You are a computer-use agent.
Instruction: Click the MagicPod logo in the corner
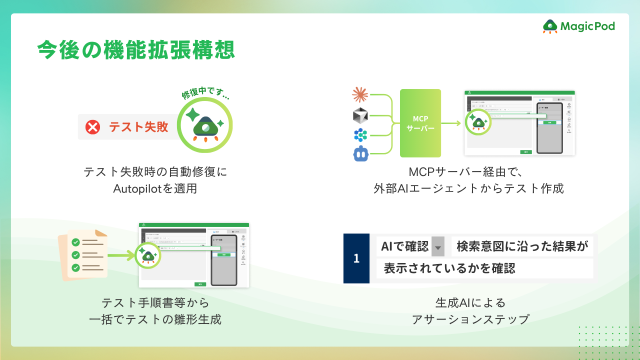click(578, 26)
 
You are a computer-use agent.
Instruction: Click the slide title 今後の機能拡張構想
click(135, 50)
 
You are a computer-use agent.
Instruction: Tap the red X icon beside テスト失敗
click(92, 127)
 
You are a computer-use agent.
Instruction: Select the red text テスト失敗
click(138, 127)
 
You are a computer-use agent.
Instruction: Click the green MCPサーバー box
click(420, 123)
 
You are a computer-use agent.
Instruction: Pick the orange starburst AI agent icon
click(360, 94)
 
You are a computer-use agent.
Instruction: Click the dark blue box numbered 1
click(356, 258)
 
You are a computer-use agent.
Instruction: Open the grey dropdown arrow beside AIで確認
click(438, 246)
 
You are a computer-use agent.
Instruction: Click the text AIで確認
click(404, 246)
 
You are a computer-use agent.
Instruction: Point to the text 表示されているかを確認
click(449, 268)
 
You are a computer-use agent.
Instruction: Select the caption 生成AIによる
click(470, 302)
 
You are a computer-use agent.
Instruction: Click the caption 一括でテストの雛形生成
click(155, 319)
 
